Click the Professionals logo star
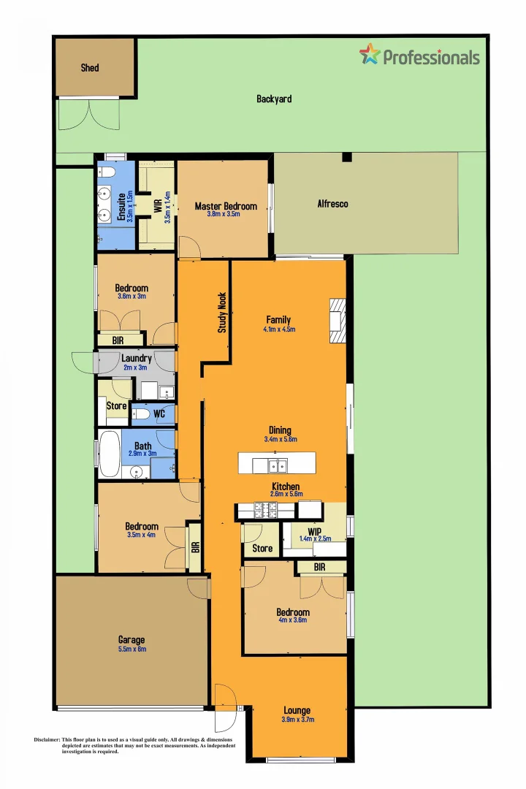pyautogui.click(x=370, y=54)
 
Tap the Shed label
pyautogui.click(x=90, y=68)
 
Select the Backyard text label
pyautogui.click(x=274, y=99)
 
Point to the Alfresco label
pyautogui.click(x=332, y=204)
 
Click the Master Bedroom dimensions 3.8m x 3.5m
pyautogui.click(x=224, y=214)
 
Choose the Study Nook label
pyautogui.click(x=222, y=313)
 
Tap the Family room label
pyautogui.click(x=278, y=320)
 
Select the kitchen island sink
pyautogui.click(x=277, y=465)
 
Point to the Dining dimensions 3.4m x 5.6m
pyautogui.click(x=281, y=439)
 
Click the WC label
pyautogui.click(x=159, y=414)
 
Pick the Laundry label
pyautogui.click(x=137, y=359)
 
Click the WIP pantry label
pyautogui.click(x=316, y=531)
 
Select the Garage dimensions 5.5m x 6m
pyautogui.click(x=132, y=649)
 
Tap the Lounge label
pyautogui.click(x=297, y=710)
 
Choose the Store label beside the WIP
pyautogui.click(x=262, y=548)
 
